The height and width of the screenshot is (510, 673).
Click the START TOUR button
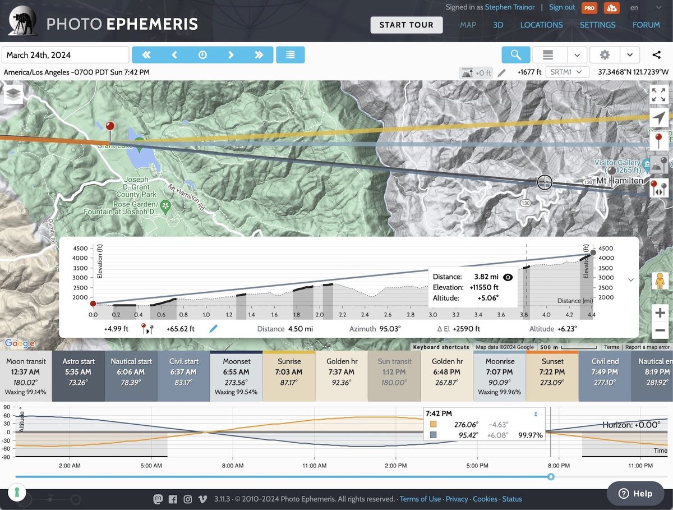click(x=406, y=25)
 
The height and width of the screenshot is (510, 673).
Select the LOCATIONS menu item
click(x=541, y=25)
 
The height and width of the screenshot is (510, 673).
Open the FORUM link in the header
click(x=646, y=25)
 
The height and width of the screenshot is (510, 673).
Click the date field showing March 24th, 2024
click(x=66, y=55)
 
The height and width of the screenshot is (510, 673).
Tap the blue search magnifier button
click(x=515, y=55)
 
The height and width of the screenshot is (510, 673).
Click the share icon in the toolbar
click(x=657, y=55)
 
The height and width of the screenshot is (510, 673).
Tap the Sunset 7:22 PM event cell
click(x=552, y=376)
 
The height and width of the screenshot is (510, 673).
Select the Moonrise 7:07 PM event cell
click(x=499, y=376)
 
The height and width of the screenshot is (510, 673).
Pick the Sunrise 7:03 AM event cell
click(x=289, y=376)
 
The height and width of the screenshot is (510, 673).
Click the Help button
click(x=635, y=494)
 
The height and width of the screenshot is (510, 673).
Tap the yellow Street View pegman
click(x=660, y=281)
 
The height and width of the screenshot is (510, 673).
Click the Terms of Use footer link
click(x=420, y=499)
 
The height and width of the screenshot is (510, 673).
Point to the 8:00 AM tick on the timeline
click(x=233, y=466)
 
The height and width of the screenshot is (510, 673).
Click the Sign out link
click(x=562, y=7)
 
